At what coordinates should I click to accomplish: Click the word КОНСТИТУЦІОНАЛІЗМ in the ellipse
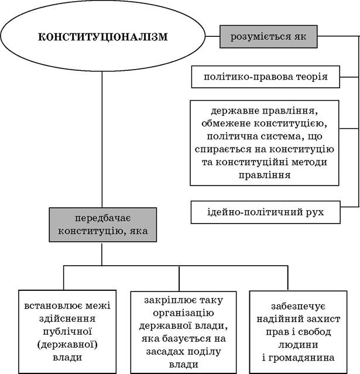click(103, 37)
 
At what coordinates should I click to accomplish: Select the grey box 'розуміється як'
click(268, 36)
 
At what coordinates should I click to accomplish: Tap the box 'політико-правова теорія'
click(266, 77)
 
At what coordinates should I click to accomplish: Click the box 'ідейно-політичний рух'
click(266, 212)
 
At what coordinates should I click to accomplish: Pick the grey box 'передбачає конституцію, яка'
click(103, 225)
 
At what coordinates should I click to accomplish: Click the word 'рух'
click(316, 212)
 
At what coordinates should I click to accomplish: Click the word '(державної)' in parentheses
click(67, 345)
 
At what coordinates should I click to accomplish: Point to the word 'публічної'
click(67, 331)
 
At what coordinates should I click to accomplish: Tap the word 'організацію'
click(183, 313)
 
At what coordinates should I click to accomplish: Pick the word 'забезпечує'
click(298, 306)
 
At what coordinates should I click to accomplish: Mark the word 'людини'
click(298, 345)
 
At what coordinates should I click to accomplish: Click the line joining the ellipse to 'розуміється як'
click(212, 36)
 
